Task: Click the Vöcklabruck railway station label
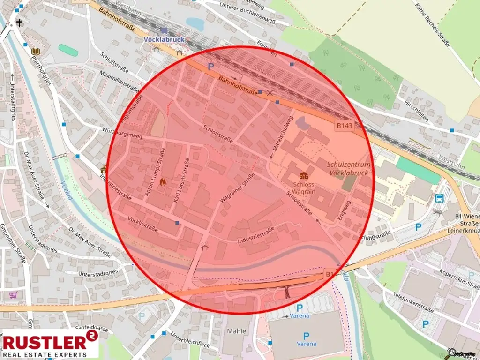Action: pyautogui.click(x=164, y=40)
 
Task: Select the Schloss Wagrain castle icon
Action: pyautogui.click(x=304, y=175)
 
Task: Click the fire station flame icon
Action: pyautogui.click(x=163, y=181)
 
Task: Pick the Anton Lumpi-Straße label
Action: pyautogui.click(x=155, y=172)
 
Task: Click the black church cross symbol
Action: pyautogui.click(x=20, y=22)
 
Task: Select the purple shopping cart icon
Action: pyautogui.click(x=13, y=295)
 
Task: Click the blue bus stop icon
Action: pyautogui.click(x=440, y=198)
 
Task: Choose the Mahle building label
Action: pyautogui.click(x=236, y=331)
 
